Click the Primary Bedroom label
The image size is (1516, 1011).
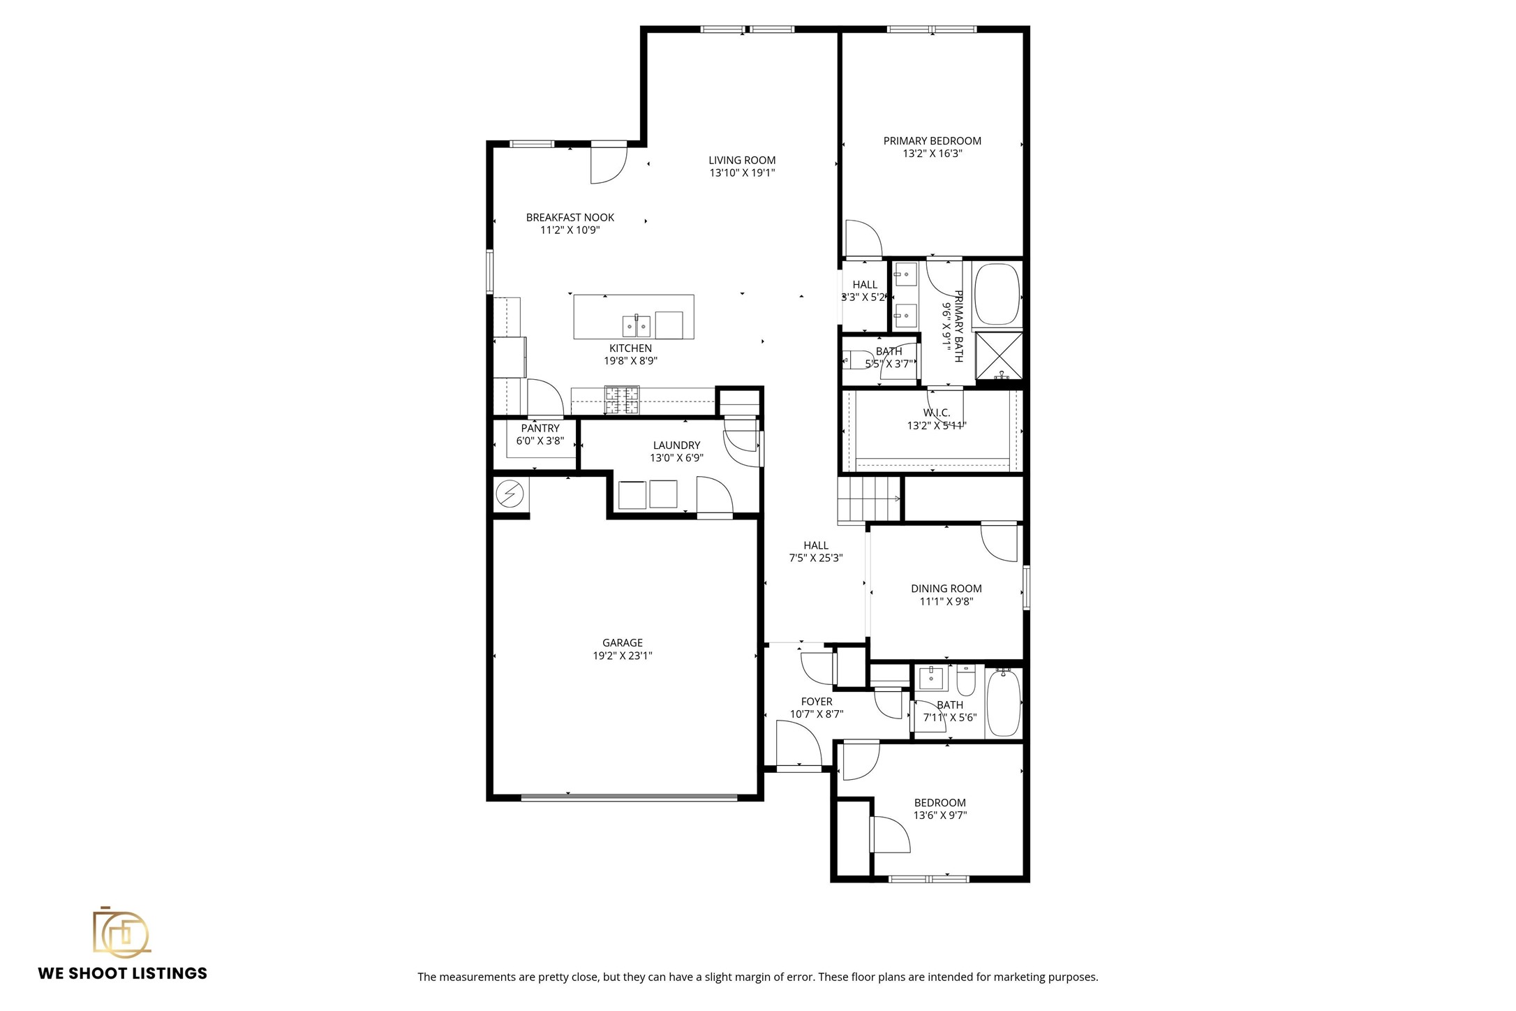coord(932,141)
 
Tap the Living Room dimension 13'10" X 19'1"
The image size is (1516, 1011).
coord(742,173)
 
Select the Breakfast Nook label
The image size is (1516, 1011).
coord(570,218)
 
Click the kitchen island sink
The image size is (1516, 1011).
coord(636,325)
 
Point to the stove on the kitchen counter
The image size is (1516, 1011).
coord(621,400)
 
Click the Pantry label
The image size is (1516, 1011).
coord(540,429)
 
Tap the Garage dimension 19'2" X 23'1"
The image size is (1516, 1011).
coord(622,656)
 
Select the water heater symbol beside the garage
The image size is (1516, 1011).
coord(510,494)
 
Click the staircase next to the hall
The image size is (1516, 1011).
coord(868,499)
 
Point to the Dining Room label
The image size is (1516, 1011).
coord(946,589)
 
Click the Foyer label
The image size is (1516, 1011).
coord(816,702)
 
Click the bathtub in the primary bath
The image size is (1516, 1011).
coord(997,294)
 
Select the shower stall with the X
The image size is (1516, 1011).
coord(999,356)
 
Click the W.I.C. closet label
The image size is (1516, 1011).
coord(937,413)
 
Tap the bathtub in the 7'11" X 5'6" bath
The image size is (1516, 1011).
coord(1003,702)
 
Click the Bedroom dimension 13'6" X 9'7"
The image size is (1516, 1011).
coord(939,816)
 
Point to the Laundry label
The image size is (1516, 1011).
coord(676,445)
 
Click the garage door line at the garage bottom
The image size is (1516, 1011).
coord(628,797)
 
